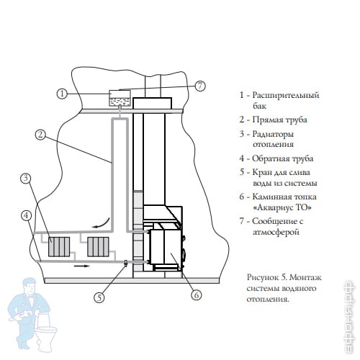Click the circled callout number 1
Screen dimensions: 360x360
tap(63, 94)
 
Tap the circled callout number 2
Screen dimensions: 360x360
tap(40, 135)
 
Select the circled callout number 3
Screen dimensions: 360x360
tap(26, 179)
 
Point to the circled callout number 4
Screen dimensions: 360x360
tap(27, 215)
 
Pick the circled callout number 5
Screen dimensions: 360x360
tap(99, 297)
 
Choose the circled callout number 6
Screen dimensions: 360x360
tap(197, 294)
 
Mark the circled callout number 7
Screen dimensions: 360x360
tap(200, 86)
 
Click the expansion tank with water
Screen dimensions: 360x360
tap(120, 98)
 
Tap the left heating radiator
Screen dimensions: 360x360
tap(59, 247)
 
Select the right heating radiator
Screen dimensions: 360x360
tap(98, 247)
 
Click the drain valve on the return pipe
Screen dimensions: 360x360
tap(125, 263)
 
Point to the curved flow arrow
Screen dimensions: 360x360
tap(102, 224)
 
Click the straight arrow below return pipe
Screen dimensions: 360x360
tap(82, 266)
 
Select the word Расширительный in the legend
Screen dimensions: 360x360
tap(286, 95)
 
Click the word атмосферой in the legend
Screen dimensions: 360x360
tap(276, 232)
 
